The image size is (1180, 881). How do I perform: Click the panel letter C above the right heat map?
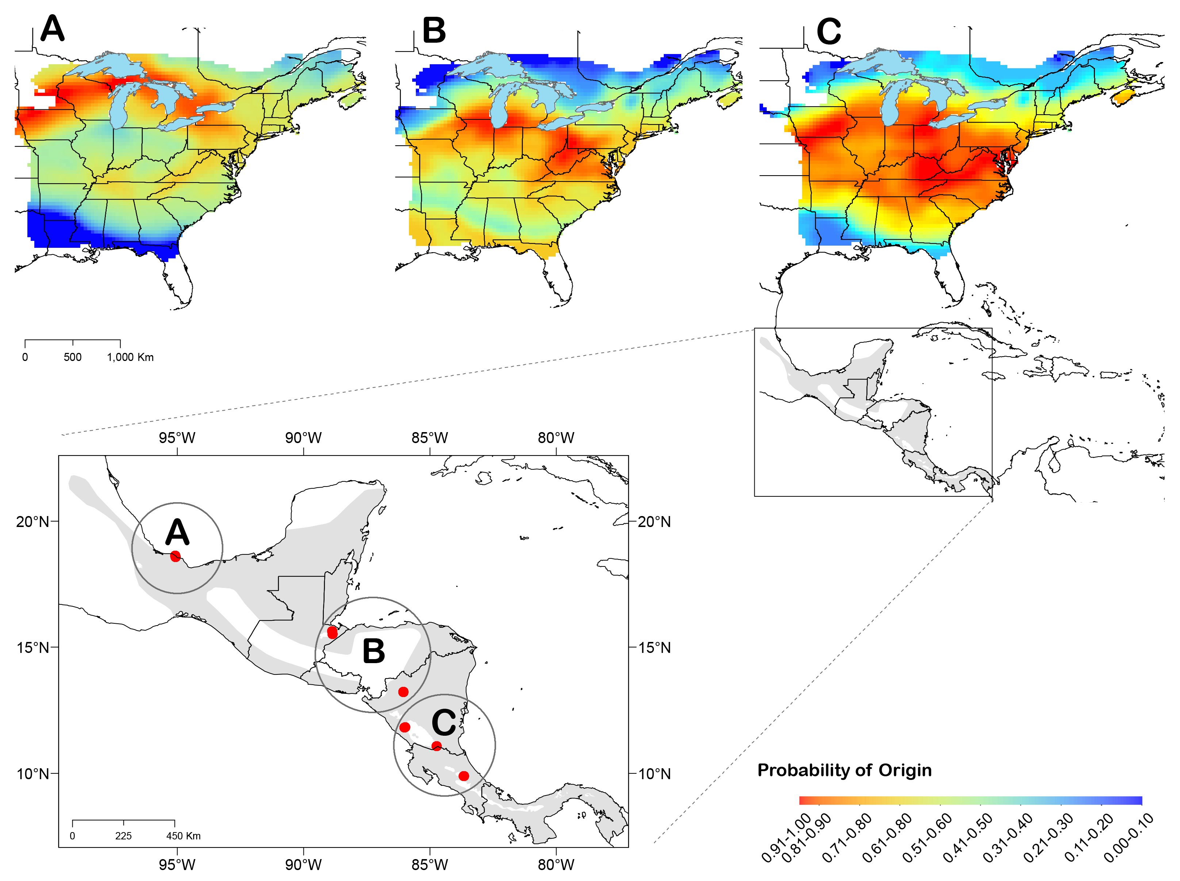pos(828,31)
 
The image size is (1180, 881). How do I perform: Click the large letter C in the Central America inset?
pos(443,723)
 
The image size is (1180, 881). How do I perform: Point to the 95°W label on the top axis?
pos(177,438)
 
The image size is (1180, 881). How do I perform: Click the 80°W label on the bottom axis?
pos(556,865)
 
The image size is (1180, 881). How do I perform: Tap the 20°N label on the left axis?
pos(32,521)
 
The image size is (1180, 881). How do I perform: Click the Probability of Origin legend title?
pos(844,770)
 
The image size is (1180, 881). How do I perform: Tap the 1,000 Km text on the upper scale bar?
pos(130,357)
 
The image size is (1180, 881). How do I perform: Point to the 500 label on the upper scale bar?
pos(73,357)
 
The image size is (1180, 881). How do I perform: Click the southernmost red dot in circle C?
pos(464,776)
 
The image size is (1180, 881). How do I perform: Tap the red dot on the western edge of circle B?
pos(332,632)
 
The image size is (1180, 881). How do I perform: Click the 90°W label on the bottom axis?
pos(303,865)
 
